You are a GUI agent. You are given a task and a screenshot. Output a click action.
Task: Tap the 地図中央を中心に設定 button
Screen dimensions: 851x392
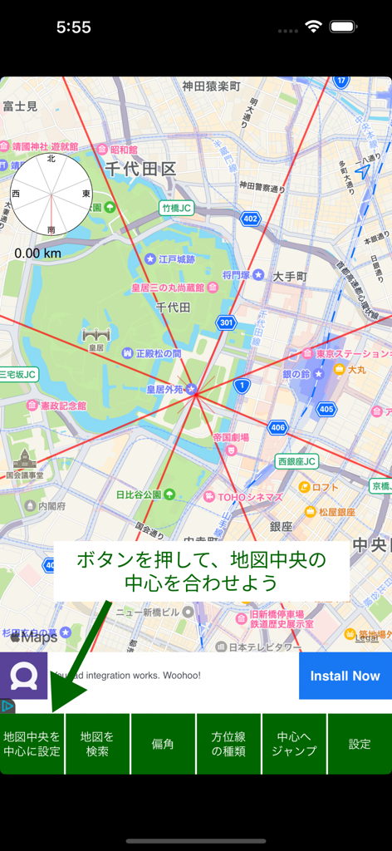[32, 744]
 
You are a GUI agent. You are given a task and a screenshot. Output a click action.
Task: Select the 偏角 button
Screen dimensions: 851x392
[163, 744]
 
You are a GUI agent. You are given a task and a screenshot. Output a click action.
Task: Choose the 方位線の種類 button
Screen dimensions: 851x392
[228, 744]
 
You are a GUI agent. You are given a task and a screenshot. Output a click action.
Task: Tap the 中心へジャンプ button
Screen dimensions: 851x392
[294, 744]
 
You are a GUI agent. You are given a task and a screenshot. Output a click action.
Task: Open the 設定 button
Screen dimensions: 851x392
[360, 744]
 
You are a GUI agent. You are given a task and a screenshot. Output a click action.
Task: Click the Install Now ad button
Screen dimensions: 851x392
[345, 676]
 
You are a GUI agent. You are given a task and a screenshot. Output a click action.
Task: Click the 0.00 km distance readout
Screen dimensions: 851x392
[37, 253]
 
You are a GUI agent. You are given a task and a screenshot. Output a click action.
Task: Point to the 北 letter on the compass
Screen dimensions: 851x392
[51, 158]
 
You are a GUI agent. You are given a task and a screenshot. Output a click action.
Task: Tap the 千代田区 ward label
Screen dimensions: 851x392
[141, 169]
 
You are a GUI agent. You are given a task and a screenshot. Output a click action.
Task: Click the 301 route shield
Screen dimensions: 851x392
[226, 322]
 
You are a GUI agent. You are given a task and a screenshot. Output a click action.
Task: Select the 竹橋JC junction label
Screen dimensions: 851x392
[177, 208]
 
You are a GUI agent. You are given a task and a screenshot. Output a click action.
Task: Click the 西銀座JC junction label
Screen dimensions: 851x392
[297, 461]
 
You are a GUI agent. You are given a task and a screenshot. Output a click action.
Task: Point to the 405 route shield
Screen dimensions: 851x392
[326, 409]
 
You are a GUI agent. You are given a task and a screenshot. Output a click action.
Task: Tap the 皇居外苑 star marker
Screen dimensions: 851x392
[191, 389]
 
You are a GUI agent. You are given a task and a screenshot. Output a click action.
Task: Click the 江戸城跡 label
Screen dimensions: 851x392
[176, 258]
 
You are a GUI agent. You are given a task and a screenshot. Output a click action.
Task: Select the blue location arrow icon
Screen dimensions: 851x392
[361, 170]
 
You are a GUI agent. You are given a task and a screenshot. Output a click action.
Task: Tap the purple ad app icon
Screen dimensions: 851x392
[23, 676]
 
